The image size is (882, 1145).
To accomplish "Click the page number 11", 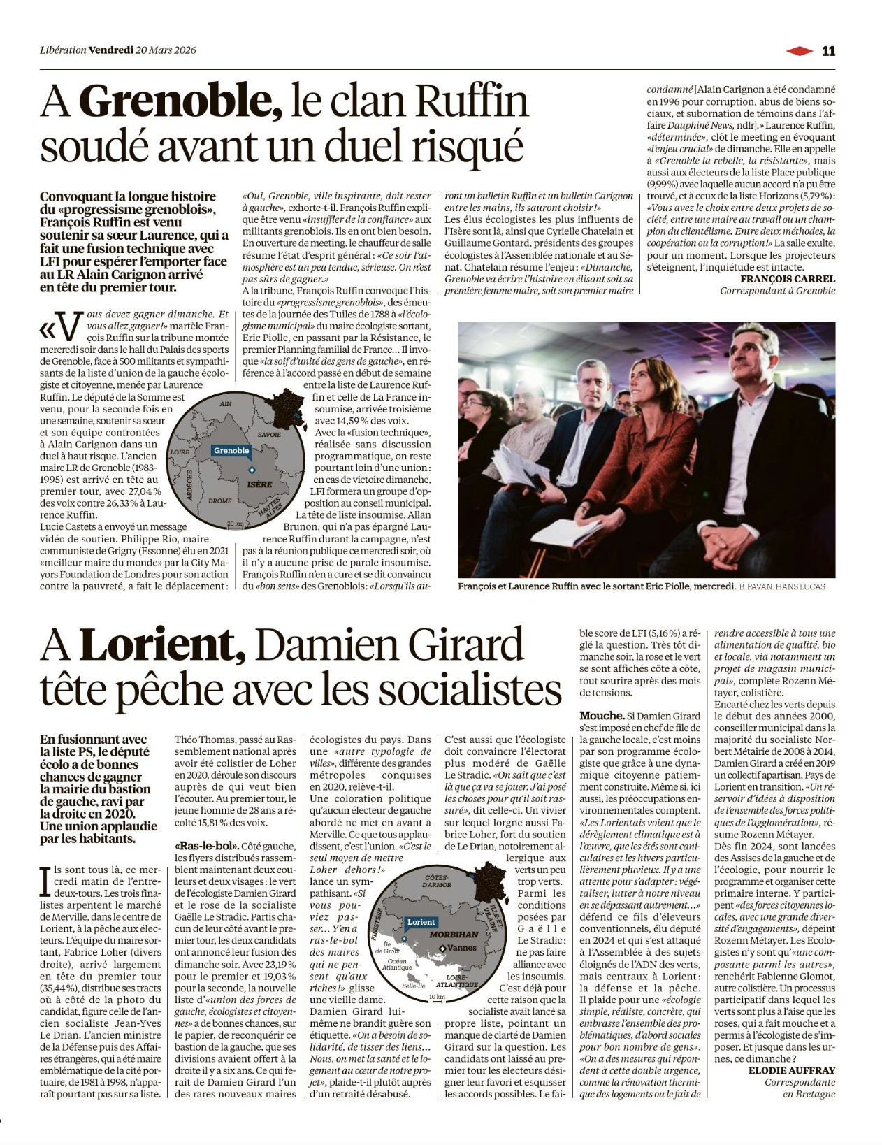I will (828, 50).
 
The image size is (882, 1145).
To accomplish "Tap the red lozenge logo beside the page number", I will (800, 50).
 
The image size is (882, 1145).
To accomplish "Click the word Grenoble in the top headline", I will (181, 101).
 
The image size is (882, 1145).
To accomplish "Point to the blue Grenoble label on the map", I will (231, 451).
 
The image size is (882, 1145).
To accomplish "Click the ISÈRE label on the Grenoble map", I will (259, 484).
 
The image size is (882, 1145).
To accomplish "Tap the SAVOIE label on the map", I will (269, 435).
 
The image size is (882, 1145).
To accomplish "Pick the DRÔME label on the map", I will (220, 501).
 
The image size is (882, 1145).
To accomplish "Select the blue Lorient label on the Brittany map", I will (421, 922).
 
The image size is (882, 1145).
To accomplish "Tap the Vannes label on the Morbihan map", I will (461, 948).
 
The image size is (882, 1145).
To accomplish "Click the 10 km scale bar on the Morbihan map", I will (437, 998).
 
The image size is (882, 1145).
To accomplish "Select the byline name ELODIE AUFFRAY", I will (791, 1070).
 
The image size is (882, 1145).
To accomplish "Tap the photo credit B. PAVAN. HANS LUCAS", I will (781, 586).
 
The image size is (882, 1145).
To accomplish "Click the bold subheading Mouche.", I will (602, 715).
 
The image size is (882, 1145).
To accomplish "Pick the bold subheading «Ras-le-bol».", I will (207, 846).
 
